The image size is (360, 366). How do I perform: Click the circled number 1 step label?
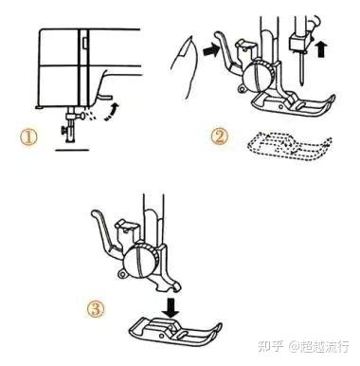coord(28,137)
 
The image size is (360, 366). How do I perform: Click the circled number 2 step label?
coord(220,137)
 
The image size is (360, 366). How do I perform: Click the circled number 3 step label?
coord(96,309)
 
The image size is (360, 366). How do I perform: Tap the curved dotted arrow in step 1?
coord(113,112)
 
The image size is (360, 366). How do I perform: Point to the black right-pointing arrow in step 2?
coord(211,50)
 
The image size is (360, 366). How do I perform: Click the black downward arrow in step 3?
coord(171,308)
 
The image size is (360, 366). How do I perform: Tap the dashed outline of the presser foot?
coord(289,146)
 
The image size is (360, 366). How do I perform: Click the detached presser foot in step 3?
coord(175,331)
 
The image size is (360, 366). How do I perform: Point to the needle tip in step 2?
coord(302,83)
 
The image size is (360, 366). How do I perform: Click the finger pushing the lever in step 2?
coord(184,65)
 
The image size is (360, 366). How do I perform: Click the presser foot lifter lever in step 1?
coord(104,96)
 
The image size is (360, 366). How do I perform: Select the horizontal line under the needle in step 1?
coord(72,150)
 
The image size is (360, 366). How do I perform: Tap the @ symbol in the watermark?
coord(294,346)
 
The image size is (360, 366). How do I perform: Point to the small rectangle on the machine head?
coord(85,44)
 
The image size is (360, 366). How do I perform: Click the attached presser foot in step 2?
coord(293,103)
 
